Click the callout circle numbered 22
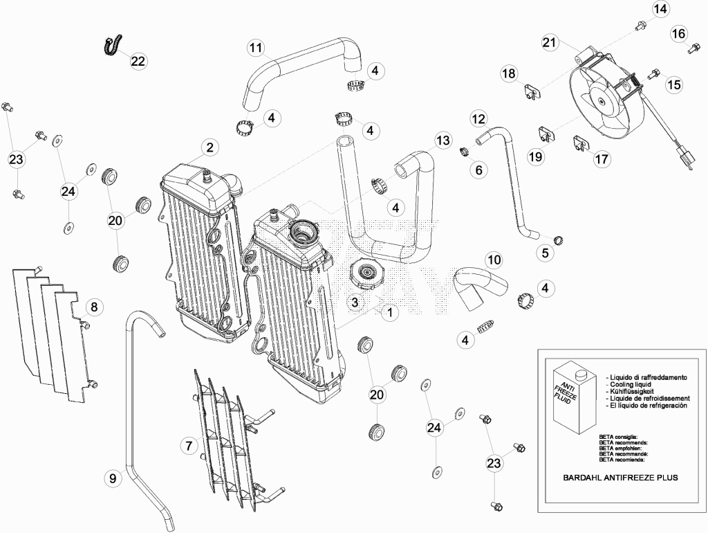[138, 61]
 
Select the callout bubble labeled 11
[256, 48]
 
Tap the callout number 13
[442, 140]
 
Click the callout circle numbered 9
[113, 478]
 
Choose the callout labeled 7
[189, 446]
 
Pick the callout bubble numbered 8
[94, 307]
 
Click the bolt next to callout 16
[693, 49]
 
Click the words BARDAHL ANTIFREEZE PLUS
[620, 478]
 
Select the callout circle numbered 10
[494, 260]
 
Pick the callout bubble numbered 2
[209, 147]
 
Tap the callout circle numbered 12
[478, 119]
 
